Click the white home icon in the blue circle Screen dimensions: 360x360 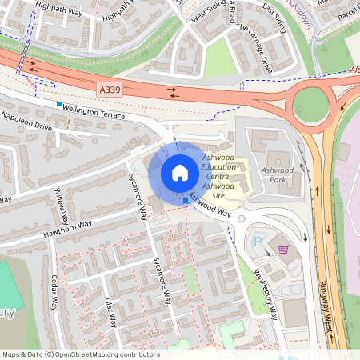click(x=180, y=172)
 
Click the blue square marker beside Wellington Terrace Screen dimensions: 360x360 click(x=59, y=104)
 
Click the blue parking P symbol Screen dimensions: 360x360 click(x=258, y=240)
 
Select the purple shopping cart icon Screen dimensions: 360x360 click(x=282, y=249)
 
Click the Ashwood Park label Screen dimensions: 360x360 click(x=278, y=175)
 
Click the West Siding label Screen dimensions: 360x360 click(x=209, y=13)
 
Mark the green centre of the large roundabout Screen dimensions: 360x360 click(x=311, y=103)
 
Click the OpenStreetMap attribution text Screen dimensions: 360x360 click(x=80, y=354)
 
